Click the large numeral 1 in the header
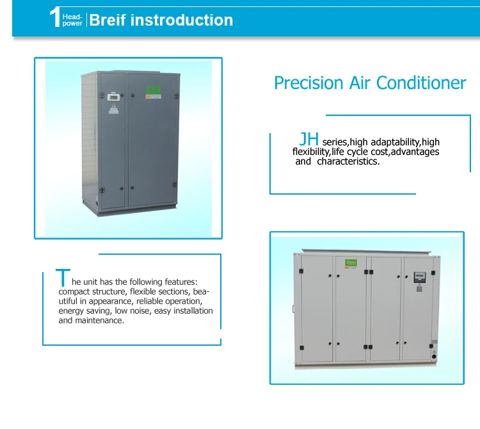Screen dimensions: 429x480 point(55,18)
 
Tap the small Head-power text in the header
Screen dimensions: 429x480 point(72,20)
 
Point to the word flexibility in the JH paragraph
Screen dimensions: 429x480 point(311,152)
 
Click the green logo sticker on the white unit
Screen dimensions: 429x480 point(350,263)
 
